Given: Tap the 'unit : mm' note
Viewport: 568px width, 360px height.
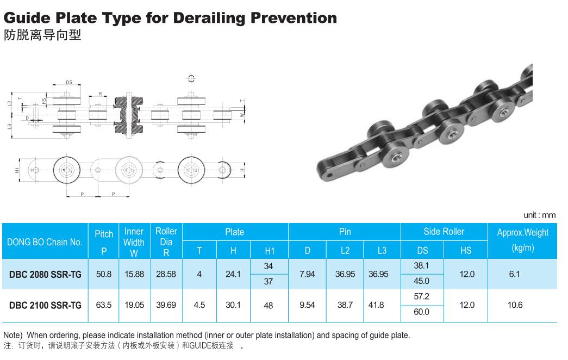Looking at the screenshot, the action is point(539,215).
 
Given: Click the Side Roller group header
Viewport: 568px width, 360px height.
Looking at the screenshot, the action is point(444,231).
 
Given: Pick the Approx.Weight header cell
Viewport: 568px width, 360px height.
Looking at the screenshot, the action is point(523,240).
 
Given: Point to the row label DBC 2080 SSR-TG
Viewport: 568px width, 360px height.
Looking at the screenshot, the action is point(45,275).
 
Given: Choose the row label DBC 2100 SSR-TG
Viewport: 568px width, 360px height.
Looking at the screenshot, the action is point(45,305).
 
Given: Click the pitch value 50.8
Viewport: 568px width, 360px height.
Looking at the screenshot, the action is point(104,274).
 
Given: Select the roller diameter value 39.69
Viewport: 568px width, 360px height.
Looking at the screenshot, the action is point(166,305).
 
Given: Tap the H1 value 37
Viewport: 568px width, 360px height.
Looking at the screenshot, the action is point(269,281).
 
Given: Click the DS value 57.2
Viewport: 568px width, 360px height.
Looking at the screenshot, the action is point(422,296).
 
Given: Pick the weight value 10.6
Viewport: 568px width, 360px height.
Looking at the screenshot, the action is point(515,305).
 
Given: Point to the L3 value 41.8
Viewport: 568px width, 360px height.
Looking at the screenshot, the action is point(376,305).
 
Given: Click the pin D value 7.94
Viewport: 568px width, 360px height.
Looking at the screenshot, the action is point(307,274).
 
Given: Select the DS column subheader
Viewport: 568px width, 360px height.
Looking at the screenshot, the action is point(422,250).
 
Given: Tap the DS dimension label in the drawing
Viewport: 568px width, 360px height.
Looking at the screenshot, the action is point(69,82).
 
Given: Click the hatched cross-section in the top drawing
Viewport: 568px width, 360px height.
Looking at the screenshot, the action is point(129,115).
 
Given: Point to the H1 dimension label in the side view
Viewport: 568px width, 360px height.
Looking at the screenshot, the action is point(17,170).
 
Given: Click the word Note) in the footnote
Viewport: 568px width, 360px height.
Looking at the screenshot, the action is point(13,336).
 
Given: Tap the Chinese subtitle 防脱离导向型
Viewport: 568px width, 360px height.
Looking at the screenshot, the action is point(42,35).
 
